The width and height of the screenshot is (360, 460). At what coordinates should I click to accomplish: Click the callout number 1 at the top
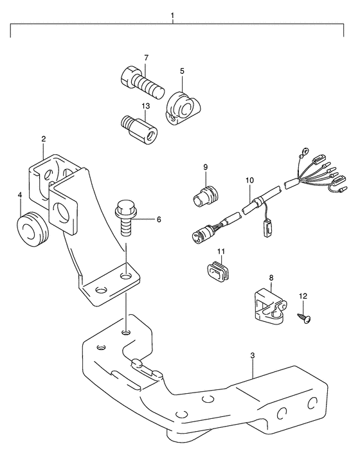pos(173,15)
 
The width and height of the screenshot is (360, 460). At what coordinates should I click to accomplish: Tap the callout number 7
pos(146,58)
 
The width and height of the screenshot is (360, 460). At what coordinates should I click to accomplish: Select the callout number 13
pos(146,106)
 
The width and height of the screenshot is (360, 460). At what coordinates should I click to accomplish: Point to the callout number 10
pos(249,180)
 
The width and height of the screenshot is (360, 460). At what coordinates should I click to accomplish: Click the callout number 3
pos(253,356)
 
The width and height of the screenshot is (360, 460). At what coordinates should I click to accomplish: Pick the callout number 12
pos(303,296)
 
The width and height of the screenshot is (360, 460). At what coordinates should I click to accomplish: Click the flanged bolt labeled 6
pos(125,217)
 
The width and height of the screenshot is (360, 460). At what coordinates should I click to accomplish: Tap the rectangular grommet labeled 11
pos(219,270)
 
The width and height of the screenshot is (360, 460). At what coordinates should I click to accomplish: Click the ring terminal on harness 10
pos(305,152)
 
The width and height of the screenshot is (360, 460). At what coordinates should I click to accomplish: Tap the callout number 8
pos(271,278)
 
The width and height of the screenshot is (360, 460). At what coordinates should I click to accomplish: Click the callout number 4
pos(20,195)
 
